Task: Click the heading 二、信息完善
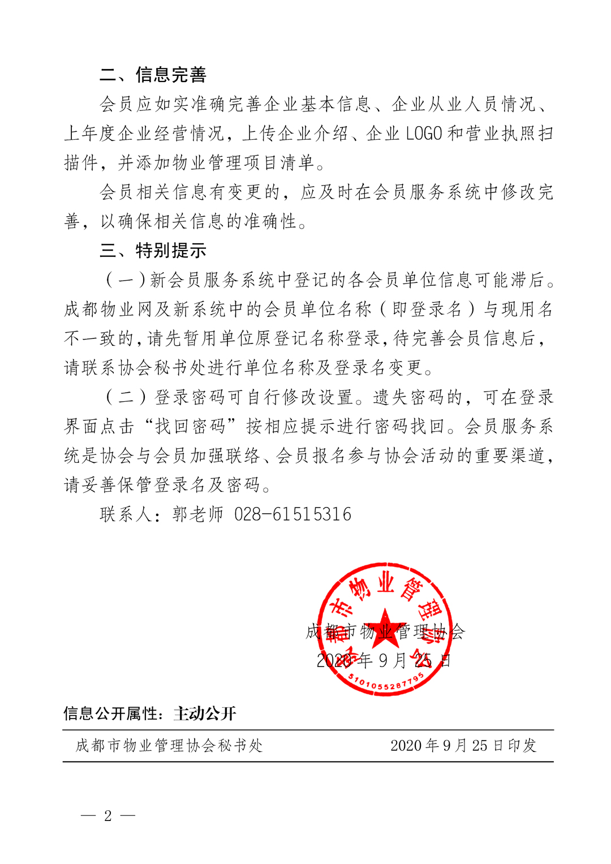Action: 153,75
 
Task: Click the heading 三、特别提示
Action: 153,250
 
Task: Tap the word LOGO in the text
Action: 424,134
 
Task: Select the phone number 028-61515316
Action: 292,514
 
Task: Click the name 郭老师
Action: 198,514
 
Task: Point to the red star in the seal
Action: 385,627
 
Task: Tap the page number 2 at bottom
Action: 108,815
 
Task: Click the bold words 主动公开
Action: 204,713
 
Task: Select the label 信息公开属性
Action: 110,713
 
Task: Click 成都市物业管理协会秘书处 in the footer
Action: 169,746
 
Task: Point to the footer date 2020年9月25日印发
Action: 463,746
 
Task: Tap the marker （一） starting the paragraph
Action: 126,280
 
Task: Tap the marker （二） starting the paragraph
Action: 126,397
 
